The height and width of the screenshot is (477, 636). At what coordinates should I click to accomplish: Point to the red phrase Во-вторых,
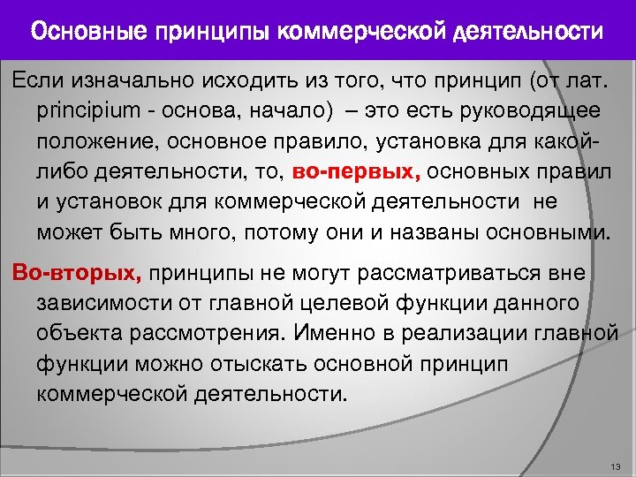click(74, 272)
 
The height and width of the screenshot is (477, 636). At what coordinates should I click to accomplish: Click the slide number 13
click(616, 466)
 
